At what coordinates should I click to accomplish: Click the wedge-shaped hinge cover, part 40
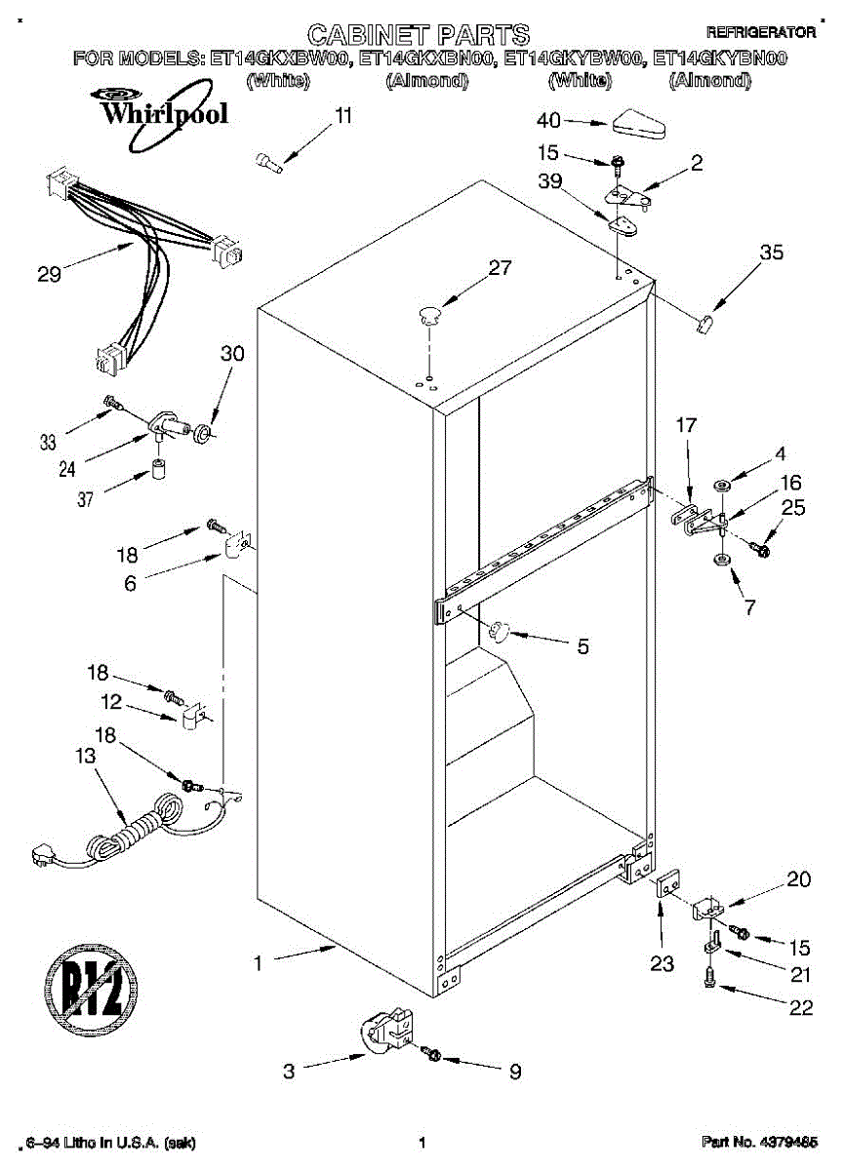[640, 125]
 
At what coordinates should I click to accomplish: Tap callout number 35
[771, 253]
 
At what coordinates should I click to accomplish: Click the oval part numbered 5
[499, 631]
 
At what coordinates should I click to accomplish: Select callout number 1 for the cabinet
[258, 963]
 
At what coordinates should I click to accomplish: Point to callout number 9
[514, 1072]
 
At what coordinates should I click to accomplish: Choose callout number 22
[800, 1008]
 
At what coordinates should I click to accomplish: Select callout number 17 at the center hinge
[686, 425]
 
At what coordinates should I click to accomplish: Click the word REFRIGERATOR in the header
[760, 32]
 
